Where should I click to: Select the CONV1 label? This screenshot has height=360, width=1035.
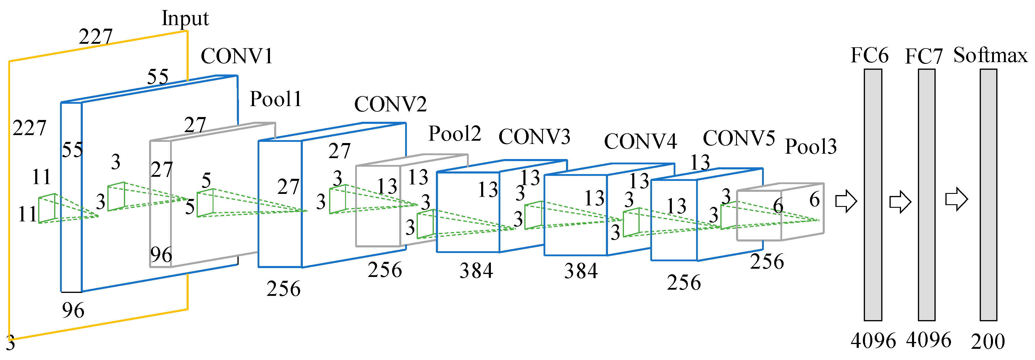point(237,56)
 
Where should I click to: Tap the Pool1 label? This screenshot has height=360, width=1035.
point(276,99)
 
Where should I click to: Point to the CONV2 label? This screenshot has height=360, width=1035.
point(390,104)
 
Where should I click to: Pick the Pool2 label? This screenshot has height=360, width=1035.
point(455,134)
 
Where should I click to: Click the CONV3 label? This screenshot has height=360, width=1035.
point(534,137)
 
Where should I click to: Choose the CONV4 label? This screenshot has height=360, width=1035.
point(641,141)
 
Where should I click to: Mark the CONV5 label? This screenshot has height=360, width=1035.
point(738,139)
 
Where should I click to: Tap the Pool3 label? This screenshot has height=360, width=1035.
point(811,147)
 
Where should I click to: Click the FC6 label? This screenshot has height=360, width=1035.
point(869,56)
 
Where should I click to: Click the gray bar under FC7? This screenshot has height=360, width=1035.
point(926,194)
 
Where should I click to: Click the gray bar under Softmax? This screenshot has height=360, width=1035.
point(988,194)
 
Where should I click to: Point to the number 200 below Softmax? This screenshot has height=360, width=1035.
point(988,341)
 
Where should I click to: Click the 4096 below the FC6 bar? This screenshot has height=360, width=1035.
point(873,341)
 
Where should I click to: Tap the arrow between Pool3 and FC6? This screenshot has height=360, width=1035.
point(846,201)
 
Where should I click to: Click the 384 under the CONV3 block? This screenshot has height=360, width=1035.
point(476,270)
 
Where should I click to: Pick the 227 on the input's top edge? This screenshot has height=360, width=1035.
point(96,37)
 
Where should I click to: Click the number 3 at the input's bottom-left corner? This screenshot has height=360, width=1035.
point(10,343)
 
